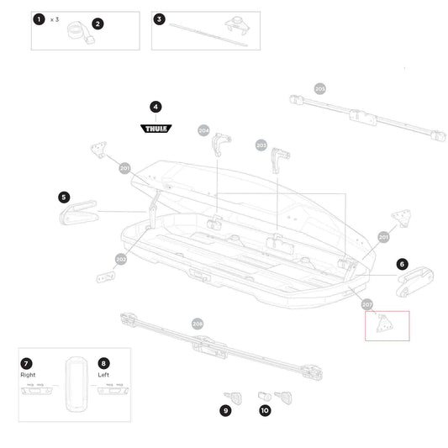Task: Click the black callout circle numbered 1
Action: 38,18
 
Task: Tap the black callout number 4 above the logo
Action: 155,107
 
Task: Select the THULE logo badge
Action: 155,129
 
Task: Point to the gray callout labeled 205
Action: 319,88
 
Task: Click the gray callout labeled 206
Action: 198,324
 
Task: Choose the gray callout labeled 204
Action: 203,130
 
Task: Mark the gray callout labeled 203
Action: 261,145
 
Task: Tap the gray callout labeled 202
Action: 121,260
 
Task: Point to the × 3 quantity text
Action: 55,18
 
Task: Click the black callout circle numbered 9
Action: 225,411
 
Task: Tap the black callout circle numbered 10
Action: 265,411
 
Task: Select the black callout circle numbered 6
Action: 403,264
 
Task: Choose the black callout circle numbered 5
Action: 64,197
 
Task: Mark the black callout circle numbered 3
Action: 160,18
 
